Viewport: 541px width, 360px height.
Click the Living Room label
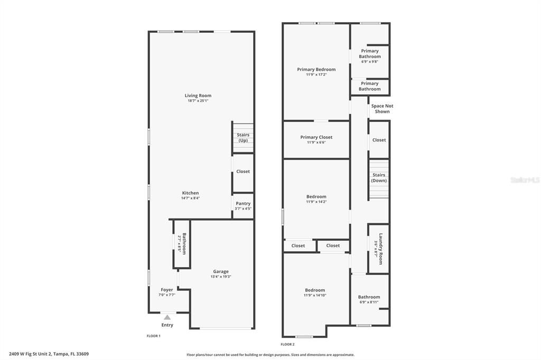tap(198, 96)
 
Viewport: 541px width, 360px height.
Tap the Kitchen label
tap(190, 193)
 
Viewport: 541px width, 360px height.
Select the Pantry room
tap(243, 206)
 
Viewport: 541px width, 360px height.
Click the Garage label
tap(221, 271)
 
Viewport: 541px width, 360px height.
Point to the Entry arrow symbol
tap(167, 317)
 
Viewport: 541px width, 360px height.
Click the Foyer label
tap(167, 290)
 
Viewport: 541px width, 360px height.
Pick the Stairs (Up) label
tap(243, 138)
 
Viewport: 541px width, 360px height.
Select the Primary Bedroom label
tap(316, 69)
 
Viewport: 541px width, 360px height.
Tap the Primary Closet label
tap(316, 137)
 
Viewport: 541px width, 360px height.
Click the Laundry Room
tap(379, 248)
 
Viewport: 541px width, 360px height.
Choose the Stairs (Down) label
tap(379, 177)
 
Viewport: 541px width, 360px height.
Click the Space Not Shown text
tap(382, 109)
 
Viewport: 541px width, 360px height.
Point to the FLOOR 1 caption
tap(153, 336)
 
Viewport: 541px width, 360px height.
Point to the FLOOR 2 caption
tap(287, 344)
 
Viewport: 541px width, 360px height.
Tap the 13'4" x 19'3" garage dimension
tap(221, 277)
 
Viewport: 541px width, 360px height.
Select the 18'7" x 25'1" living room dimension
tap(198, 101)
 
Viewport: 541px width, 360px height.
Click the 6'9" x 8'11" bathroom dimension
tap(369, 302)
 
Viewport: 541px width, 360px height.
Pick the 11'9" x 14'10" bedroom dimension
tap(315, 295)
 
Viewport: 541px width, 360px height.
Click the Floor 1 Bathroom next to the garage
tap(182, 244)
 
